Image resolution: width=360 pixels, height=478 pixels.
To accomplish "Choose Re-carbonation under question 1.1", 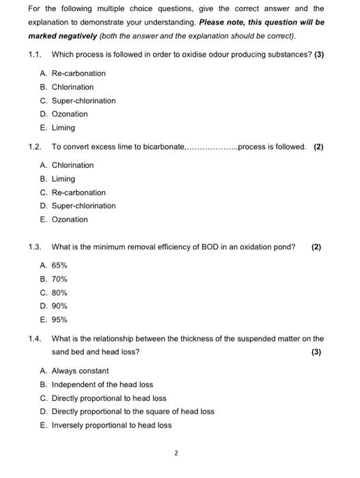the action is (78, 73).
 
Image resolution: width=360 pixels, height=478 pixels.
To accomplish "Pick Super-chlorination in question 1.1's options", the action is (83, 100).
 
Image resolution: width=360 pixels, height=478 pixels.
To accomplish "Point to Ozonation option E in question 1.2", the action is (69, 219).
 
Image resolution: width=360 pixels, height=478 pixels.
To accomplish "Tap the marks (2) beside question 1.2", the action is (318, 147).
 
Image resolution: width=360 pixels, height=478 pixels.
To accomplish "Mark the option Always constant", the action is (79, 371).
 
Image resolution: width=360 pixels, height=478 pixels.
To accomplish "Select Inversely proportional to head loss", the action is (111, 425).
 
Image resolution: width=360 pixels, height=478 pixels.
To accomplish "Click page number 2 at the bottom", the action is (176, 452).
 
